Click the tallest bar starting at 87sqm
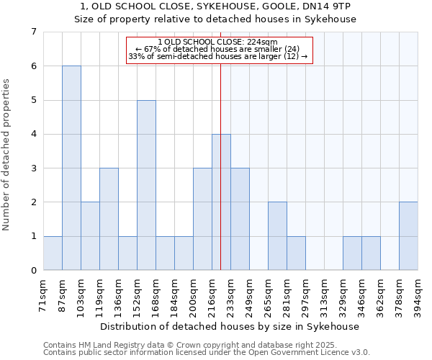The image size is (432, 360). [x=71, y=168]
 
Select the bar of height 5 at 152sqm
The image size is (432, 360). [x=146, y=185]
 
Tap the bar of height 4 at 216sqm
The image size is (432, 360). [x=221, y=202]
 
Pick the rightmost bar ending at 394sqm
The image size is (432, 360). [x=408, y=236]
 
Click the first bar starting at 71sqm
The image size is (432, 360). [x=53, y=253]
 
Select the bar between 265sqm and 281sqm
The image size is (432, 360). [x=277, y=236]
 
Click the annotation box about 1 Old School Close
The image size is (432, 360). [x=220, y=49]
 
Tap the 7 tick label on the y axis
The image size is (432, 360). [x=33, y=32]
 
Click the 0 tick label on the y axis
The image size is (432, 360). [x=33, y=271]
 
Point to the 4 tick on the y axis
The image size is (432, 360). [x=33, y=134]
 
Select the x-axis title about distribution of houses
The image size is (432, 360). [x=230, y=326]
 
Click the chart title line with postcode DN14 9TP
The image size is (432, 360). [x=216, y=6]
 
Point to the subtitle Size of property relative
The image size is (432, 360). [x=216, y=19]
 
